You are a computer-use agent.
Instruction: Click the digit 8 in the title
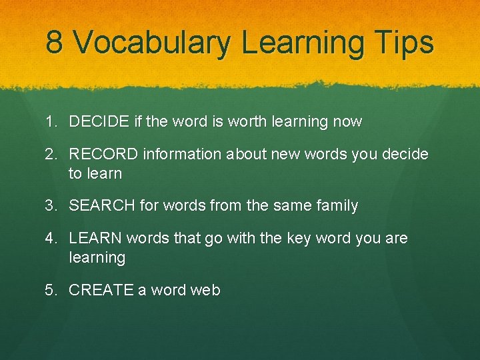(x=55, y=43)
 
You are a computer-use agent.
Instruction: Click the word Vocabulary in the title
(x=151, y=43)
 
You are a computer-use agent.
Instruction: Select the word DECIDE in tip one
(x=99, y=122)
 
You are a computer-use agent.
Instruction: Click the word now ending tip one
(x=347, y=122)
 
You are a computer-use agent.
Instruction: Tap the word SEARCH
(x=102, y=206)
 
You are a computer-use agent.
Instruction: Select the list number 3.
(x=50, y=206)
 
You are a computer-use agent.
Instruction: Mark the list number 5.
(x=50, y=290)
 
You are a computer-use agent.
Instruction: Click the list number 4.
(x=50, y=239)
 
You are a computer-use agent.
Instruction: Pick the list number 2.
(x=50, y=155)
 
